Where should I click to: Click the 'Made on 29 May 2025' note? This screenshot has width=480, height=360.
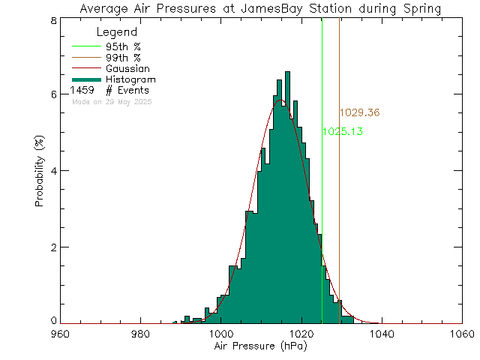[x=111, y=101]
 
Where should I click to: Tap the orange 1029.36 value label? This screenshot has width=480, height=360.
[x=359, y=113]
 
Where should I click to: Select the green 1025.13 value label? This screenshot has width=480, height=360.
[x=342, y=131]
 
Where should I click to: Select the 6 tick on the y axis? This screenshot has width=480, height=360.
[x=54, y=94]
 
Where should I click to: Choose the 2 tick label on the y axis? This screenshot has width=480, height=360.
[x=54, y=247]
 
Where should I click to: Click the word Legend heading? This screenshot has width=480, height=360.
[x=118, y=32]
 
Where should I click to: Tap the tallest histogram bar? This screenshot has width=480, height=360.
[x=287, y=195]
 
